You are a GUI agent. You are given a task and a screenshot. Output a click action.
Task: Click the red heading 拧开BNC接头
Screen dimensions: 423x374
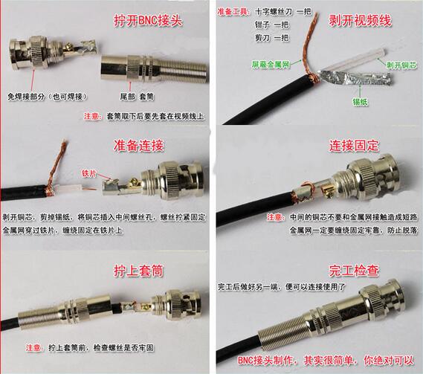coord(148,21)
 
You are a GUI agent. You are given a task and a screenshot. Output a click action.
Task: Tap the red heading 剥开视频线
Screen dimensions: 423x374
coord(360,21)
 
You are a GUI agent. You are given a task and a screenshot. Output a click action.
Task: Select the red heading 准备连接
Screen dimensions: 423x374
coord(138,146)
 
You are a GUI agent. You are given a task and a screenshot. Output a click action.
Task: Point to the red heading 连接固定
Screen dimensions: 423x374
coord(354,146)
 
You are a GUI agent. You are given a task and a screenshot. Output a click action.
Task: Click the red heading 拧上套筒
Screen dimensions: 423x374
coord(138,271)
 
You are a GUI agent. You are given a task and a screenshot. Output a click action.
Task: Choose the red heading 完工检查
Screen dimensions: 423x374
coord(354,271)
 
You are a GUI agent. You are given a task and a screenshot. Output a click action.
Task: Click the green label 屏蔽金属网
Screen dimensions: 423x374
coord(271,64)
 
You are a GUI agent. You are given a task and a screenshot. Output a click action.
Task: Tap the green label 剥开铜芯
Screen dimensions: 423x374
coord(401,65)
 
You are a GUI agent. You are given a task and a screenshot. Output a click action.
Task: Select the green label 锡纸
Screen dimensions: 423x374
coord(360,102)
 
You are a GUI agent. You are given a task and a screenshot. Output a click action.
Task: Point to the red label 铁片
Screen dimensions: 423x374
coord(88,173)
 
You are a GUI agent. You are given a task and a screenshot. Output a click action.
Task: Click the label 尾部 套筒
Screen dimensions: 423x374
coord(137,97)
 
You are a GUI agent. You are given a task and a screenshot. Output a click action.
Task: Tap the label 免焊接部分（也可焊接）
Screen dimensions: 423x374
coord(48,97)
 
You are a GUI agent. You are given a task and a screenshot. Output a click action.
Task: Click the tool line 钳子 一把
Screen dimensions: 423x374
coord(271,25)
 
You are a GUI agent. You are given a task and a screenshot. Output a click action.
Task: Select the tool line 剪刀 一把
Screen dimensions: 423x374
coord(271,37)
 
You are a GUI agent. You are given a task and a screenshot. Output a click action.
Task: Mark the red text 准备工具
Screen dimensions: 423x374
coord(233,12)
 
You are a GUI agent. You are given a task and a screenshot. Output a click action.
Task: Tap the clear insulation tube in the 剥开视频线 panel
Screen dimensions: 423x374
coord(353,59)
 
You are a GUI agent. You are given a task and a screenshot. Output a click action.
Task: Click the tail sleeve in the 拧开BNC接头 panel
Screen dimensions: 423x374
coord(155,68)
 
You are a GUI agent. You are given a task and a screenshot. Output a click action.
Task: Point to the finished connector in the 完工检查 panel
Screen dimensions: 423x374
coord(332,315)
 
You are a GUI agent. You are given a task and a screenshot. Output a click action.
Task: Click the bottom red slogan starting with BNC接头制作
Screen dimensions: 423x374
coord(325,360)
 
